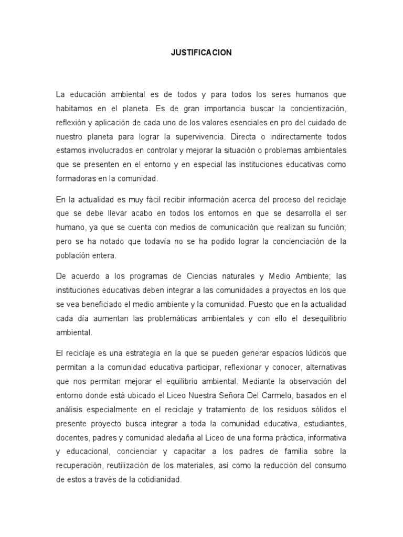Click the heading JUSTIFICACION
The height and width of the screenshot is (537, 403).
[201, 53]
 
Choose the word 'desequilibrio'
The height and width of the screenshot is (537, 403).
[320, 318]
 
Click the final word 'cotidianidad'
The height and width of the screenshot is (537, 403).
[158, 480]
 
